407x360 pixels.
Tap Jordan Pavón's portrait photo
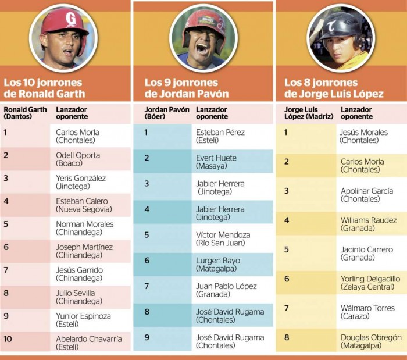[x=203, y=38]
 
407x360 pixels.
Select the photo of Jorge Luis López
[x=340, y=38]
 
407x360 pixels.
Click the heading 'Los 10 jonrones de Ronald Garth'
[x=44, y=88]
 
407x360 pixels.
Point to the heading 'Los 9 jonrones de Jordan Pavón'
[x=186, y=88]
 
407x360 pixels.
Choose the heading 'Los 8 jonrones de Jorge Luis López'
[x=334, y=88]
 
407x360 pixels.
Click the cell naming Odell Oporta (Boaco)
[x=78, y=159]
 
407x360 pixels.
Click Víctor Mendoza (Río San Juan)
[x=223, y=238]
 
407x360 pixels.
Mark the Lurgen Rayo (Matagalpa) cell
[x=218, y=265]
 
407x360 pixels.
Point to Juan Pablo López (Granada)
[x=226, y=290]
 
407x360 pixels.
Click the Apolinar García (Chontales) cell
[x=366, y=195]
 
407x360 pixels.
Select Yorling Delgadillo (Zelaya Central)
[x=370, y=283]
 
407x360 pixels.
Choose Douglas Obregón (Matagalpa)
[x=370, y=341]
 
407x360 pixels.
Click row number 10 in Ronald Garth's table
[x=8, y=338]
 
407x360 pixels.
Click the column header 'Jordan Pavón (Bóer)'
[x=163, y=113]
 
